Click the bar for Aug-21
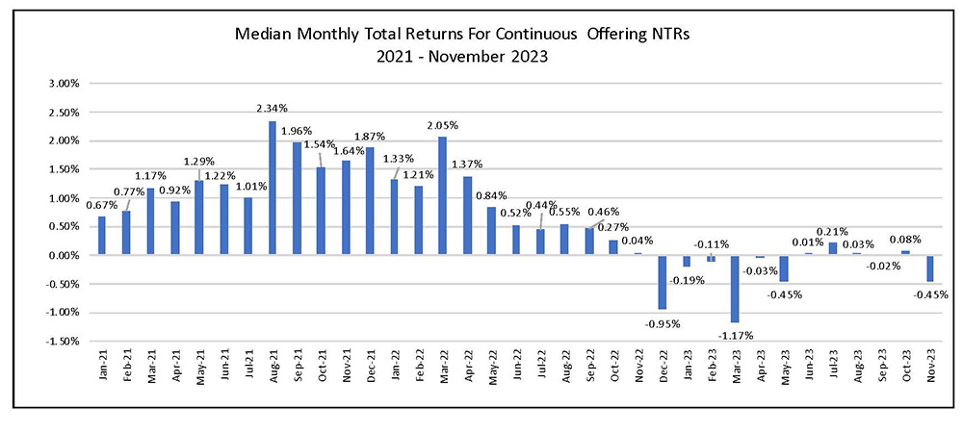(273, 188)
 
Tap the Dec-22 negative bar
(663, 282)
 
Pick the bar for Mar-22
(443, 195)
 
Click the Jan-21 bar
(102, 236)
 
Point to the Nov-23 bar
(930, 268)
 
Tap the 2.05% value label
(444, 126)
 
